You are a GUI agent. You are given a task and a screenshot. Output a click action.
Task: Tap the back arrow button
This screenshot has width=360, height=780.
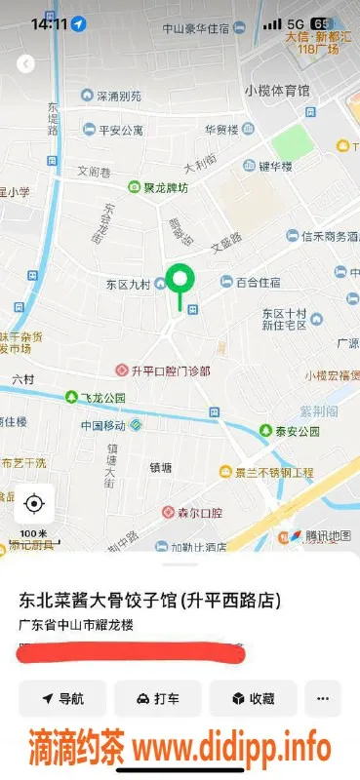26,63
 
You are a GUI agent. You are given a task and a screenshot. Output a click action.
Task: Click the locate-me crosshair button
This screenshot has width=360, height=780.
34,503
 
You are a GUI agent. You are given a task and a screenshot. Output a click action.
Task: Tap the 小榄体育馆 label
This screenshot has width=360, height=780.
278,91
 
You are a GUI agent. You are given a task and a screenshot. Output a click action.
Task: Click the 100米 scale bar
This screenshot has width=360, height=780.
33,534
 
